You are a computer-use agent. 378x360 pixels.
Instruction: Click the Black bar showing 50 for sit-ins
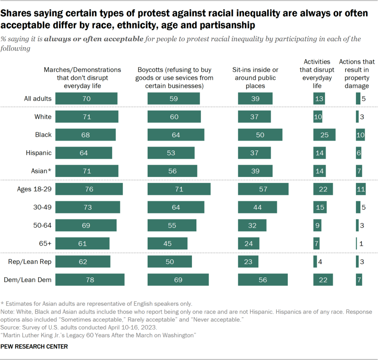(260, 135)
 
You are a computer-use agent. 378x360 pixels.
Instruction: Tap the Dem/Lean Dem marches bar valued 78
(90, 280)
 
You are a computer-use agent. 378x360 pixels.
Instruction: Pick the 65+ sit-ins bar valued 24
(248, 244)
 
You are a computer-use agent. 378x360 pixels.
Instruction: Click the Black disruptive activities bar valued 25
(324, 135)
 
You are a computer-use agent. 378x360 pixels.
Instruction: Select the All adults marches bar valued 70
(86, 99)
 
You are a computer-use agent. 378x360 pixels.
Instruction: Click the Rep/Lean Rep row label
(30, 262)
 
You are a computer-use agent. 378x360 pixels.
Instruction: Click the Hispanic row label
(38, 153)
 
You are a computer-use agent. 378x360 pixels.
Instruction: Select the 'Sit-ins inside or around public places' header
(255, 78)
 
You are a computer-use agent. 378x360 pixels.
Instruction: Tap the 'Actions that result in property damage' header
(357, 74)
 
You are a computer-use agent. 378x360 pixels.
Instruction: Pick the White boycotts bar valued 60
(174, 117)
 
